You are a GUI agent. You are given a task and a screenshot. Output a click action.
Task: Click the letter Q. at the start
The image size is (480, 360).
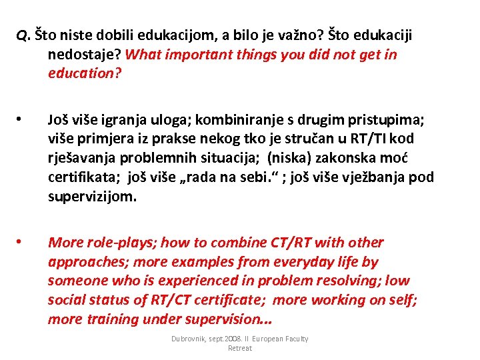coord(23,35)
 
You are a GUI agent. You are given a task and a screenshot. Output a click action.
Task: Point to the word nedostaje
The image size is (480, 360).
coord(83,54)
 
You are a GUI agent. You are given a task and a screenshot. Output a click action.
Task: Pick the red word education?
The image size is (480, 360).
coord(85,73)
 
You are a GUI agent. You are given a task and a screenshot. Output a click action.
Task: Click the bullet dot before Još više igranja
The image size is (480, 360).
coord(21,120)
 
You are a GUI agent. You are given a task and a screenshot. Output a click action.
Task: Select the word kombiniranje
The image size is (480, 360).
coord(219,120)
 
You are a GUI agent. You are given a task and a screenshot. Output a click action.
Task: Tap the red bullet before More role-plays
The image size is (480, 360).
coord(21,241)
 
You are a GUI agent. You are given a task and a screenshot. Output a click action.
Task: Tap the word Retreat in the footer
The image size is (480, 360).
coord(240,348)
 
